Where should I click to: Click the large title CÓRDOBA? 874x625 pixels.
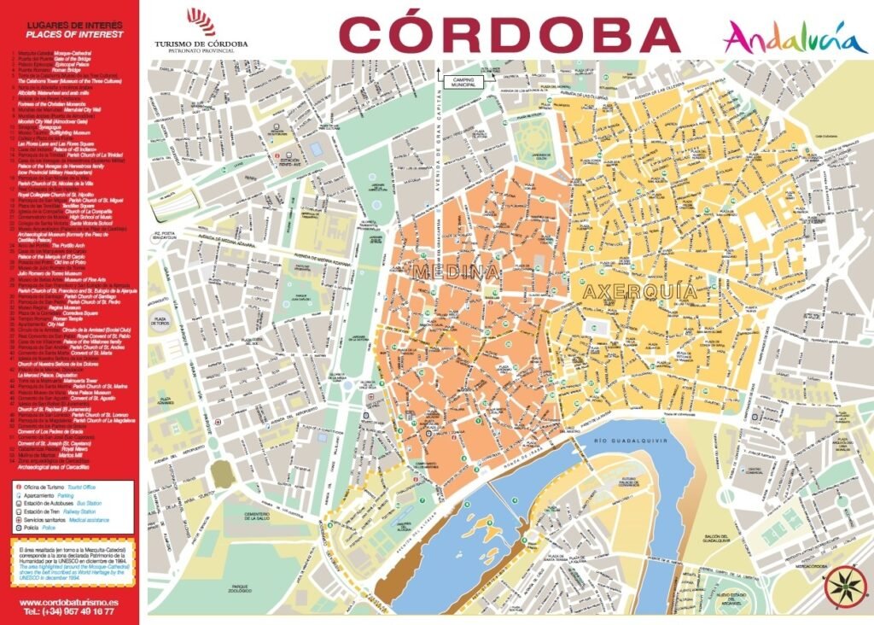[509, 33]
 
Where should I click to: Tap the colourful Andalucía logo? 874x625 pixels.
[784, 38]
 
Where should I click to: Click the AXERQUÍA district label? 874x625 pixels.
[639, 291]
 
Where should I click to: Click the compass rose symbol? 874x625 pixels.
[844, 587]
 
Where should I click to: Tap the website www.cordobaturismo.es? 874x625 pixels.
[68, 603]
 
